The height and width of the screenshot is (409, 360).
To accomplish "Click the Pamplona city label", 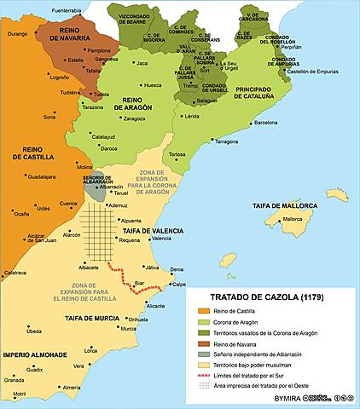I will (x=99, y=50).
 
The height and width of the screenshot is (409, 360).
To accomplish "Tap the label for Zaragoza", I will (x=135, y=119).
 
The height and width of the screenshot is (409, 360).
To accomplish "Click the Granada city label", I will (x=15, y=380).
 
